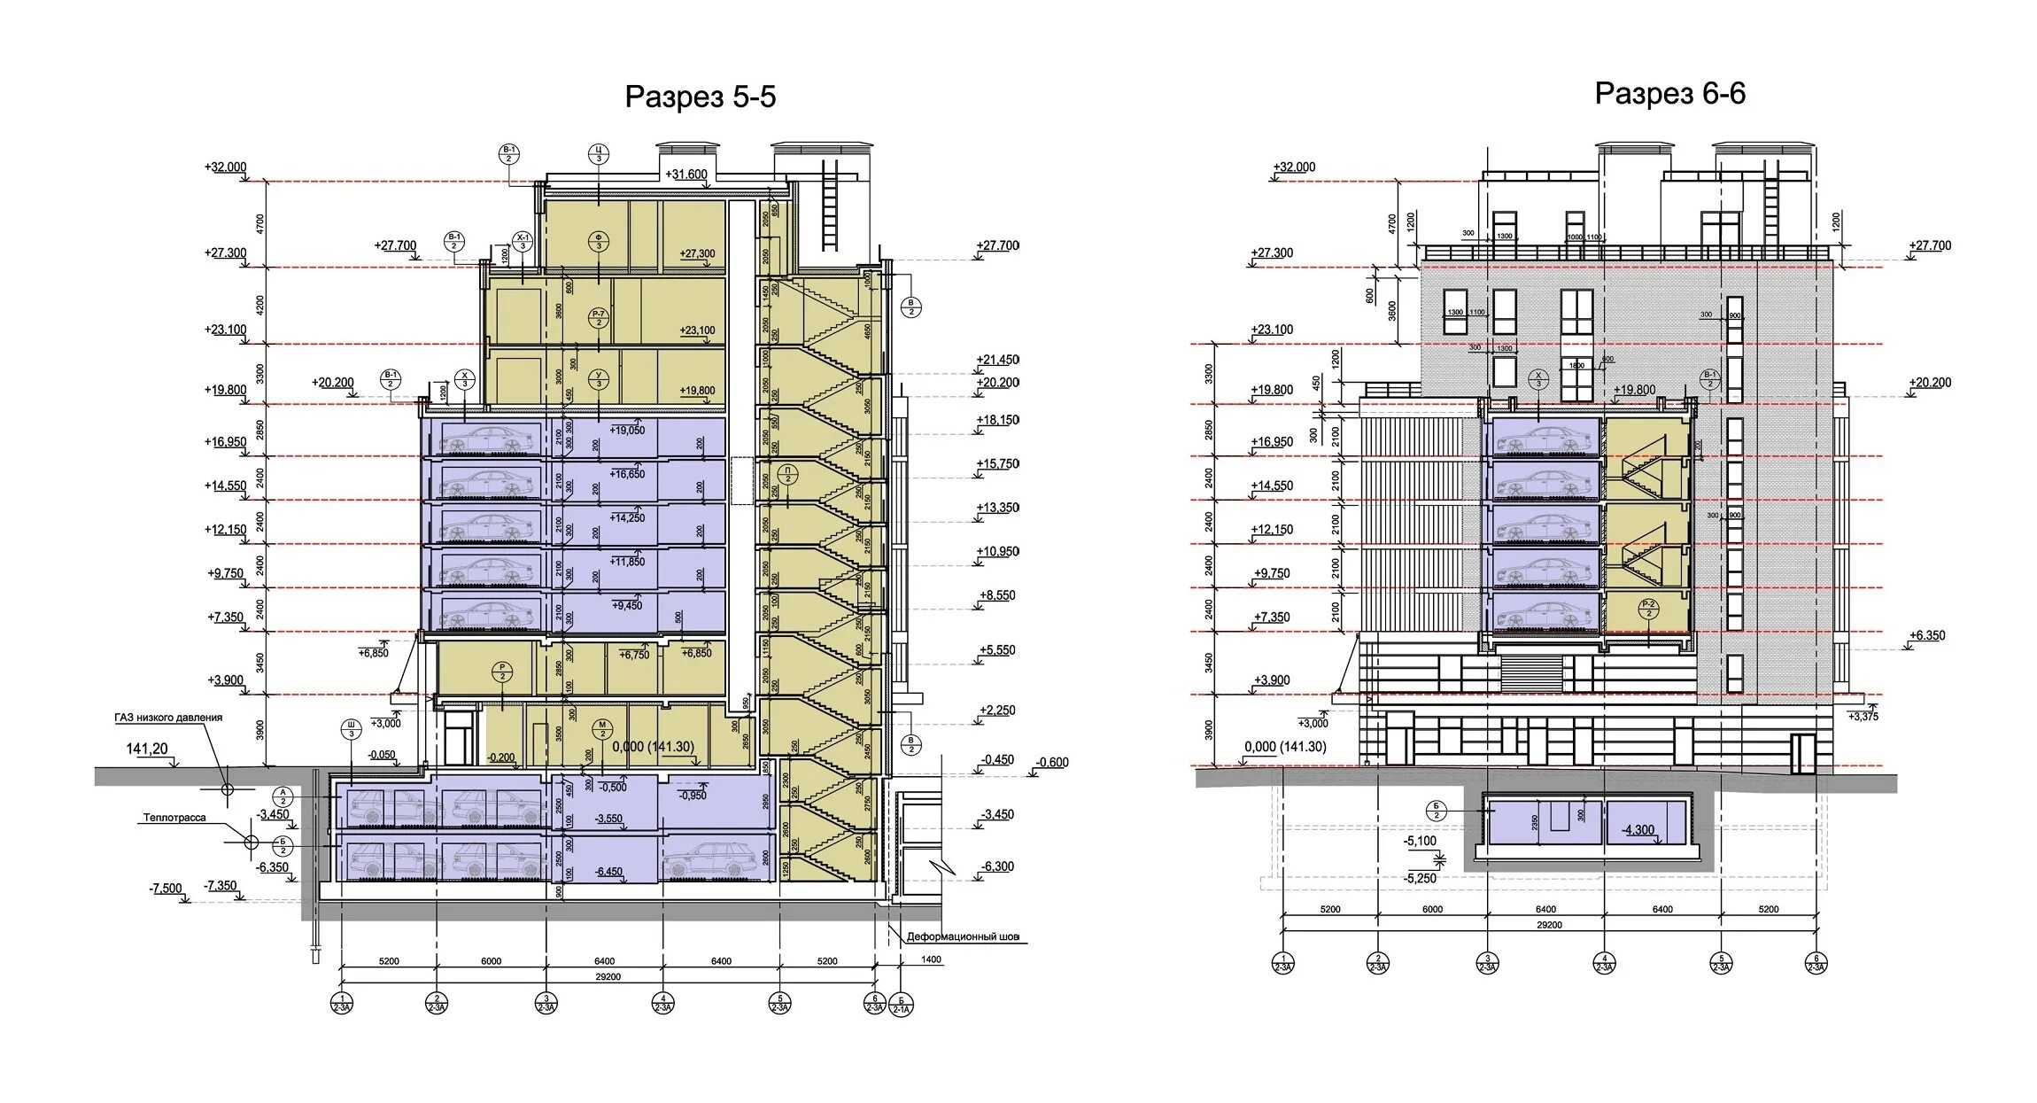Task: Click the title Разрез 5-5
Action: click(700, 97)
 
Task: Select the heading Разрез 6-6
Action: click(1669, 93)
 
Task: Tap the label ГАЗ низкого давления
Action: click(168, 718)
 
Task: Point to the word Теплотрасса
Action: click(174, 818)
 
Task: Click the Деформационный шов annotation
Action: click(963, 936)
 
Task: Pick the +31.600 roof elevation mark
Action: click(686, 175)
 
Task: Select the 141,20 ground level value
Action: click(147, 749)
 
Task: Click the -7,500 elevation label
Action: click(166, 889)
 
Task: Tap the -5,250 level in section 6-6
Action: click(1421, 878)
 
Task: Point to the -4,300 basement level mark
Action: click(1638, 830)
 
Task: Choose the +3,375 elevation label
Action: click(1863, 716)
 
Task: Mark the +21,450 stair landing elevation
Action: click(997, 360)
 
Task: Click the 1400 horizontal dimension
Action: click(931, 959)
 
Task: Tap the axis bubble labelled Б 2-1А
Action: click(901, 1006)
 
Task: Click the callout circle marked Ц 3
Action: click(599, 154)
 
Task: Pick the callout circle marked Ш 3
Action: click(352, 729)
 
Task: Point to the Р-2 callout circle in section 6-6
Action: click(1648, 609)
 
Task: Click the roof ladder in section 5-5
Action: click(830, 206)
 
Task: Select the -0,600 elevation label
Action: click(1052, 762)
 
